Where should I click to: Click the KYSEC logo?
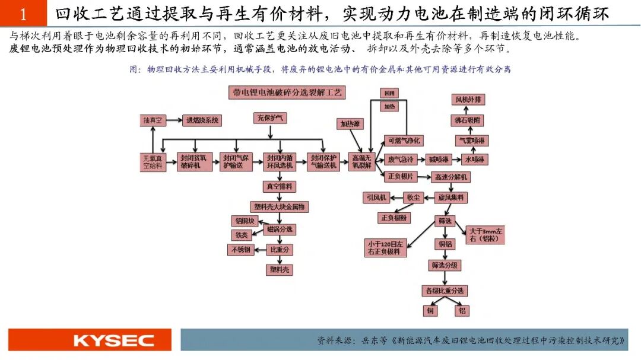pos(113,340)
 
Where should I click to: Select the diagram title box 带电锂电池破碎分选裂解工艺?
pos(287,93)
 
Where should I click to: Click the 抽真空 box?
pos(154,120)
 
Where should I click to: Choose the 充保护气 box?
pos(270,118)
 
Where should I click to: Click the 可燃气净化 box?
pos(404,141)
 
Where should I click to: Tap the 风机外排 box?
pos(468,100)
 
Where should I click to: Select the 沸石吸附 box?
pos(468,120)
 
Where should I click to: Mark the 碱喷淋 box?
pos(439,160)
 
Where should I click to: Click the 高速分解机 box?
pos(452,177)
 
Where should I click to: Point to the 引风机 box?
pos(376,197)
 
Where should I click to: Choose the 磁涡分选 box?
pos(279,229)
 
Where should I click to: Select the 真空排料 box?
pos(279,186)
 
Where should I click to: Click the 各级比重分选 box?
pos(445,291)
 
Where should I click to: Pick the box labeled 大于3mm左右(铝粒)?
pos(485,235)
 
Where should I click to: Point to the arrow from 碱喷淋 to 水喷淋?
pos(457,160)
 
